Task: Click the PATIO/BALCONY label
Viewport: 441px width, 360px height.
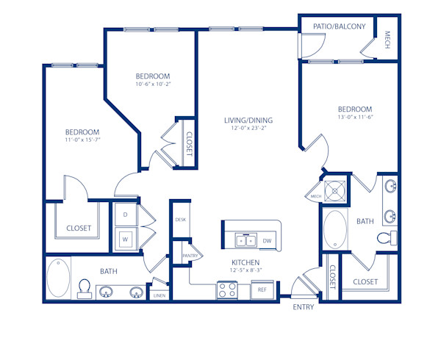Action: pos(339,26)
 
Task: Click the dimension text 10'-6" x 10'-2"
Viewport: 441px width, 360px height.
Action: pos(153,84)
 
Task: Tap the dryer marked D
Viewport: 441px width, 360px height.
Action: pos(125,215)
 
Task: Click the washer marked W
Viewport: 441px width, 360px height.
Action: pos(125,239)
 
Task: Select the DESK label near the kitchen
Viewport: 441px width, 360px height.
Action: pos(181,220)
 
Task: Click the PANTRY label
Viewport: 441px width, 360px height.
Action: pos(192,255)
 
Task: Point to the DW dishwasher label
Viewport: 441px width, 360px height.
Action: pos(267,240)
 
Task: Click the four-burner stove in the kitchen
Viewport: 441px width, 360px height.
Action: pos(226,290)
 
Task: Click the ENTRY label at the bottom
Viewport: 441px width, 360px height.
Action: pos(303,307)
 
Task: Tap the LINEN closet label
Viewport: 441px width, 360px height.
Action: pos(159,295)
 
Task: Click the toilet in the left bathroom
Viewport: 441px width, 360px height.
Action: pos(85,287)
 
